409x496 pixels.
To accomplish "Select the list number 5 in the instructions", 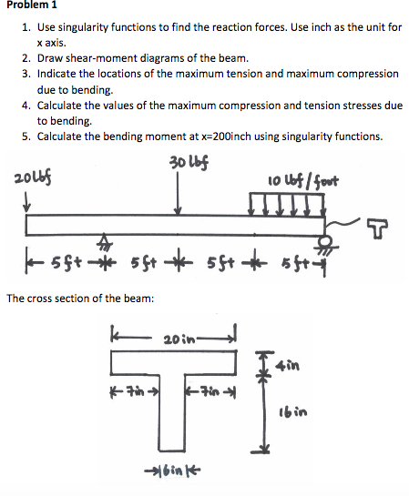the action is [26, 137].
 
